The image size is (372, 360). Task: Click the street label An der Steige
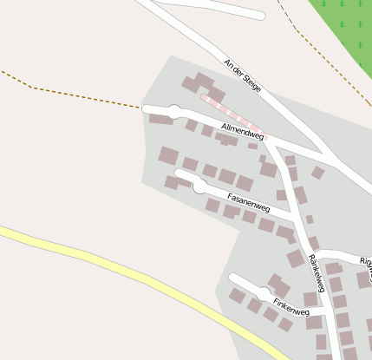242,75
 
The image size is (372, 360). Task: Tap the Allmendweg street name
242,132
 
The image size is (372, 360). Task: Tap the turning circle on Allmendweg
174,111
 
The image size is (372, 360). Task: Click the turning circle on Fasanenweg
200,186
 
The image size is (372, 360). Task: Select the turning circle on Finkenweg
264,294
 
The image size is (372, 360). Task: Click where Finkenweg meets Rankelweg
323,308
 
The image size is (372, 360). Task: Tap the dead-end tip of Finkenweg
232,278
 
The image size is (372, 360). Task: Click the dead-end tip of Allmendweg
146,108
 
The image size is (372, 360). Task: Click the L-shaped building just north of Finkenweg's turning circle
279,284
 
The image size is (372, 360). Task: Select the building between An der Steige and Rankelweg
318,173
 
